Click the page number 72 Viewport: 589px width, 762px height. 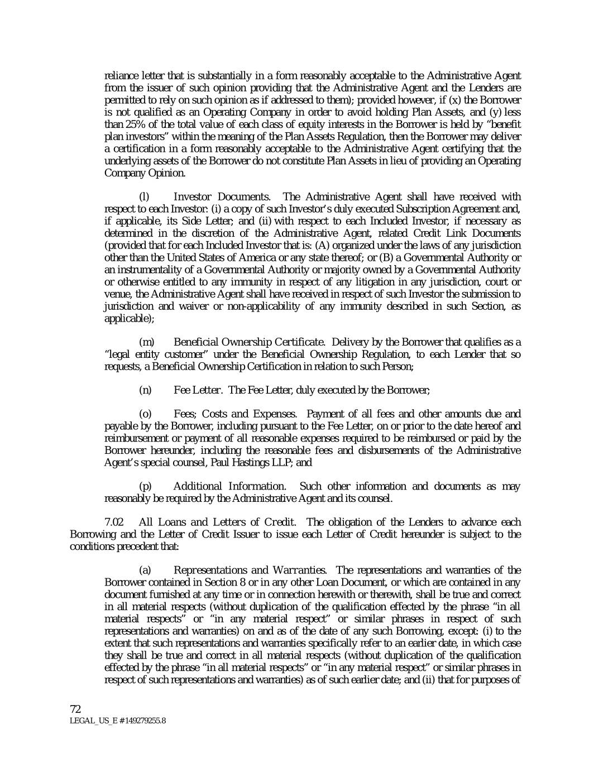point(76,709)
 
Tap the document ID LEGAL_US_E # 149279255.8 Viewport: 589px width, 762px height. point(117,721)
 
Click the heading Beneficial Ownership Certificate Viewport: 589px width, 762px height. point(249,342)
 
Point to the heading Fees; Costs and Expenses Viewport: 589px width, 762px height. point(235,414)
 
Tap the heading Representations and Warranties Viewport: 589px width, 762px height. point(250,571)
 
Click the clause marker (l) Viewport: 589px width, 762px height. point(143,197)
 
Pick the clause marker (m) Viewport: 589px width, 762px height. point(145,342)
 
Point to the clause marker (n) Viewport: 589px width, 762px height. point(144,390)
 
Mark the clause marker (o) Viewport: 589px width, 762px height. point(145,414)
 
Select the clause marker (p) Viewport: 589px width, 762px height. point(145,486)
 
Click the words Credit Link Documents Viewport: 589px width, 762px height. point(453,233)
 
